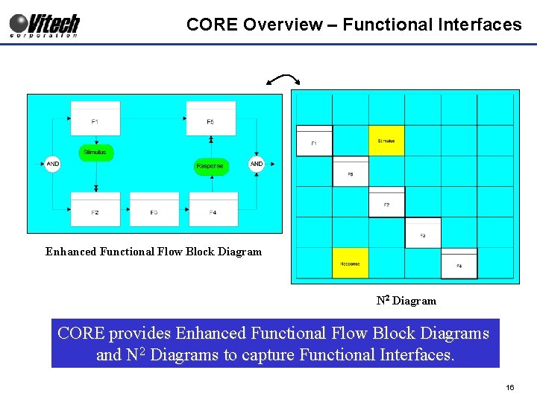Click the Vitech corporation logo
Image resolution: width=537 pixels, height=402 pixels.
(44, 25)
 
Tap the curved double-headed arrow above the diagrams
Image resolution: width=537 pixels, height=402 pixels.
(283, 80)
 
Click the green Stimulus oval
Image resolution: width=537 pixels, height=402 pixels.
(95, 153)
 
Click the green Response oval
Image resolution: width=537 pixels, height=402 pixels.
(210, 166)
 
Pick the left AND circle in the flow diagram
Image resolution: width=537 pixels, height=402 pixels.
(52, 164)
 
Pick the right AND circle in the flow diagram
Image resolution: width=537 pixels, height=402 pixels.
(257, 164)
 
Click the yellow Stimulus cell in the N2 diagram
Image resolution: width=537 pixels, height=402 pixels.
(386, 141)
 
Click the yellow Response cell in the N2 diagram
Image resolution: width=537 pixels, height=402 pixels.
(350, 264)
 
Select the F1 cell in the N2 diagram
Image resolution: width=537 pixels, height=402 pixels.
(314, 141)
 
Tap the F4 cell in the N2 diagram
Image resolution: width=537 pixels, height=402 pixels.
(459, 264)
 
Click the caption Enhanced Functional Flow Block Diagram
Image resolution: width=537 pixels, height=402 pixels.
(154, 252)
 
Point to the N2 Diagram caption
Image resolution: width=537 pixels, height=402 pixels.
(406, 301)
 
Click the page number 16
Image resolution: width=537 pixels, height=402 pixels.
(510, 388)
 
